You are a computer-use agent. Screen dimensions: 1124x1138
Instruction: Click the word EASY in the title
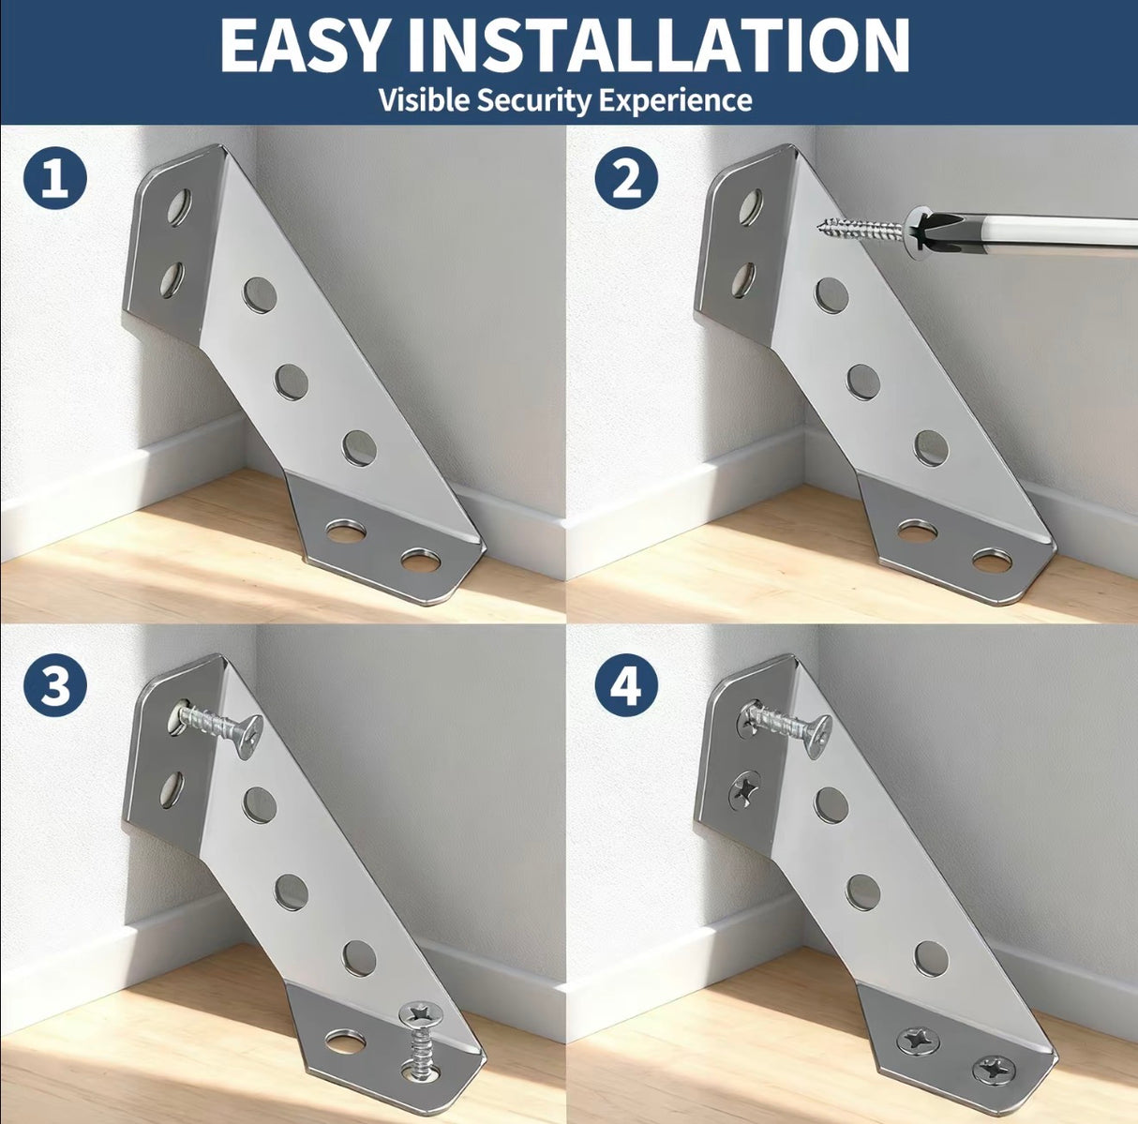[x=303, y=45]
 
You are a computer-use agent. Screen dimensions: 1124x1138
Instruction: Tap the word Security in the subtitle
[x=534, y=99]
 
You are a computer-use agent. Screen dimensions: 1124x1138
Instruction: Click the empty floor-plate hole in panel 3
[x=346, y=1041]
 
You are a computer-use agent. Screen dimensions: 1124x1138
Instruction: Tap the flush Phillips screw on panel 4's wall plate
[x=744, y=789]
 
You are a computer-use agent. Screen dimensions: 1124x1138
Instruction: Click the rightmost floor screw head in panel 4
[x=992, y=1068]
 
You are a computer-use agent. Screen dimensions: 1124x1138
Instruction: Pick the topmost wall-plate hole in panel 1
[x=178, y=207]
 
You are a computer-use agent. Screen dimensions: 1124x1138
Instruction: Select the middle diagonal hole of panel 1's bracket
[x=292, y=382]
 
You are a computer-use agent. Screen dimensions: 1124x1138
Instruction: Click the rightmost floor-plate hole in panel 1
[x=420, y=562]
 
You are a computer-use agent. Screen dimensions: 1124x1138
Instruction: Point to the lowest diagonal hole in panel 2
[x=931, y=448]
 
